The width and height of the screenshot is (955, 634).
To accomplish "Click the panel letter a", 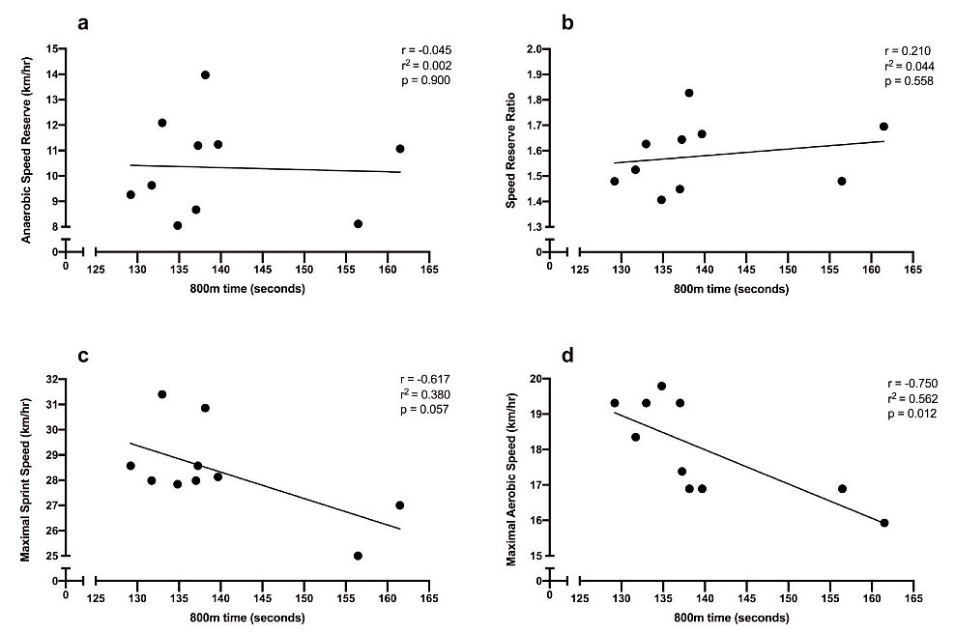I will pyautogui.click(x=83, y=21).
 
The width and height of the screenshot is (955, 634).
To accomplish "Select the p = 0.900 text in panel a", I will pyautogui.click(x=426, y=80).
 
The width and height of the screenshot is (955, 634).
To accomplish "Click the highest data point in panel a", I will pyautogui.click(x=205, y=75).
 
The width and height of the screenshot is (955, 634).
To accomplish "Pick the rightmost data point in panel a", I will pyautogui.click(x=399, y=149).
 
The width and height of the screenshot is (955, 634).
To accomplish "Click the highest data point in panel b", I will pyautogui.click(x=689, y=93).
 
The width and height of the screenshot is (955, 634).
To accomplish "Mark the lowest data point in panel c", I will pyautogui.click(x=358, y=556).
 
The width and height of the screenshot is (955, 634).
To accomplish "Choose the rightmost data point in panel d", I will pyautogui.click(x=883, y=523).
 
